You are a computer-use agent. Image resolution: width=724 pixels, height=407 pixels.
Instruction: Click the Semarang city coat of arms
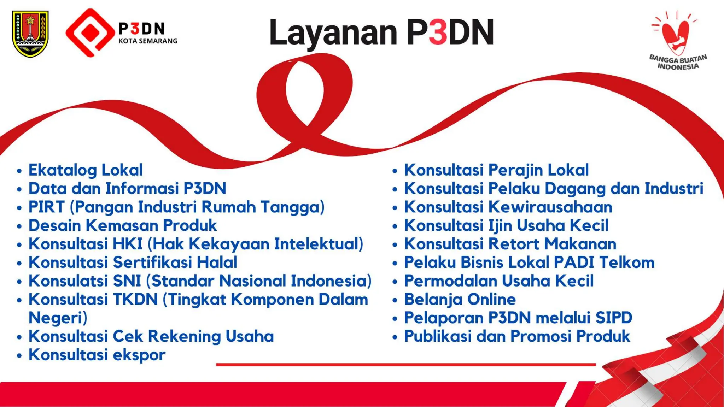point(30,34)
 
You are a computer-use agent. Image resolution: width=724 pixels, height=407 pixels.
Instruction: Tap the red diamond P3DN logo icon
point(90,33)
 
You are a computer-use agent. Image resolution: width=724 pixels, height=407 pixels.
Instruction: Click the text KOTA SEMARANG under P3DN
point(148,41)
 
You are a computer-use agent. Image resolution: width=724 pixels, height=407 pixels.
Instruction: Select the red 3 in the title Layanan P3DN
point(438,32)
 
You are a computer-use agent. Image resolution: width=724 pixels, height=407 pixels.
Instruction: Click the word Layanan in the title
point(333,33)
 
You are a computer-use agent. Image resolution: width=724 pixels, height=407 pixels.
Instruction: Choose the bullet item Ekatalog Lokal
point(86,170)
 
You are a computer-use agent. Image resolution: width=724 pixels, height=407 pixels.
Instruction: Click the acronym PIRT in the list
point(47,207)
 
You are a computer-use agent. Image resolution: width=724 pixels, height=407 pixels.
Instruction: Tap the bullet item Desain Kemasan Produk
point(123,225)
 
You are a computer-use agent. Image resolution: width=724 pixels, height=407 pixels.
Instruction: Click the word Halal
point(217,263)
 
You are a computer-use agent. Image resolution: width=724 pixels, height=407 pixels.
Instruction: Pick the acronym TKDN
point(135,299)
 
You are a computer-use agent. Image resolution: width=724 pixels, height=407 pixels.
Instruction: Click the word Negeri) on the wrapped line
point(58,318)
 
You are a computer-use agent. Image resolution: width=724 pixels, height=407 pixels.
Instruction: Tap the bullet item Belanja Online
point(460,299)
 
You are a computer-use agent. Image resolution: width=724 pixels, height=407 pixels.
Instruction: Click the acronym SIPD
point(614,318)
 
